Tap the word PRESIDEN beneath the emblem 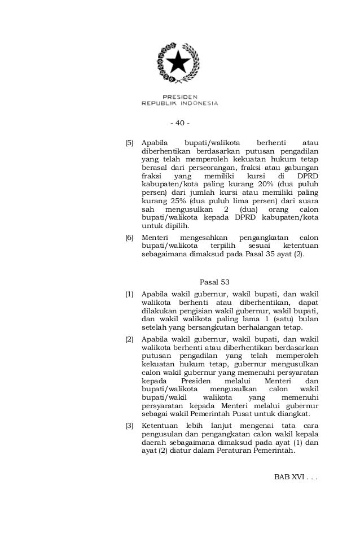pos(179,97)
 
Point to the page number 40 pos(180,124)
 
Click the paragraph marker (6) pos(130,238)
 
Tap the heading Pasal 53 pos(215,282)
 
